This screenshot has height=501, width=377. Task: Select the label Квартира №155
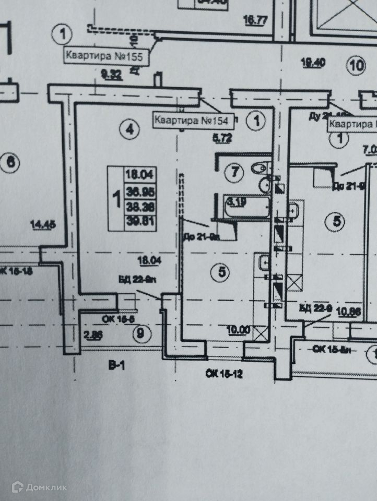pyautogui.click(x=107, y=56)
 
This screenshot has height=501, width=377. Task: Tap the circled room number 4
pyautogui.click(x=130, y=128)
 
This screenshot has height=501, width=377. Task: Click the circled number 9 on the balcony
pyautogui.click(x=139, y=333)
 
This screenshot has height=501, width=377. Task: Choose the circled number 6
pyautogui.click(x=10, y=162)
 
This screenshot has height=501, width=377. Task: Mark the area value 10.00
pyautogui.click(x=238, y=330)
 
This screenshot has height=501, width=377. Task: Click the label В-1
pyautogui.click(x=116, y=366)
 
